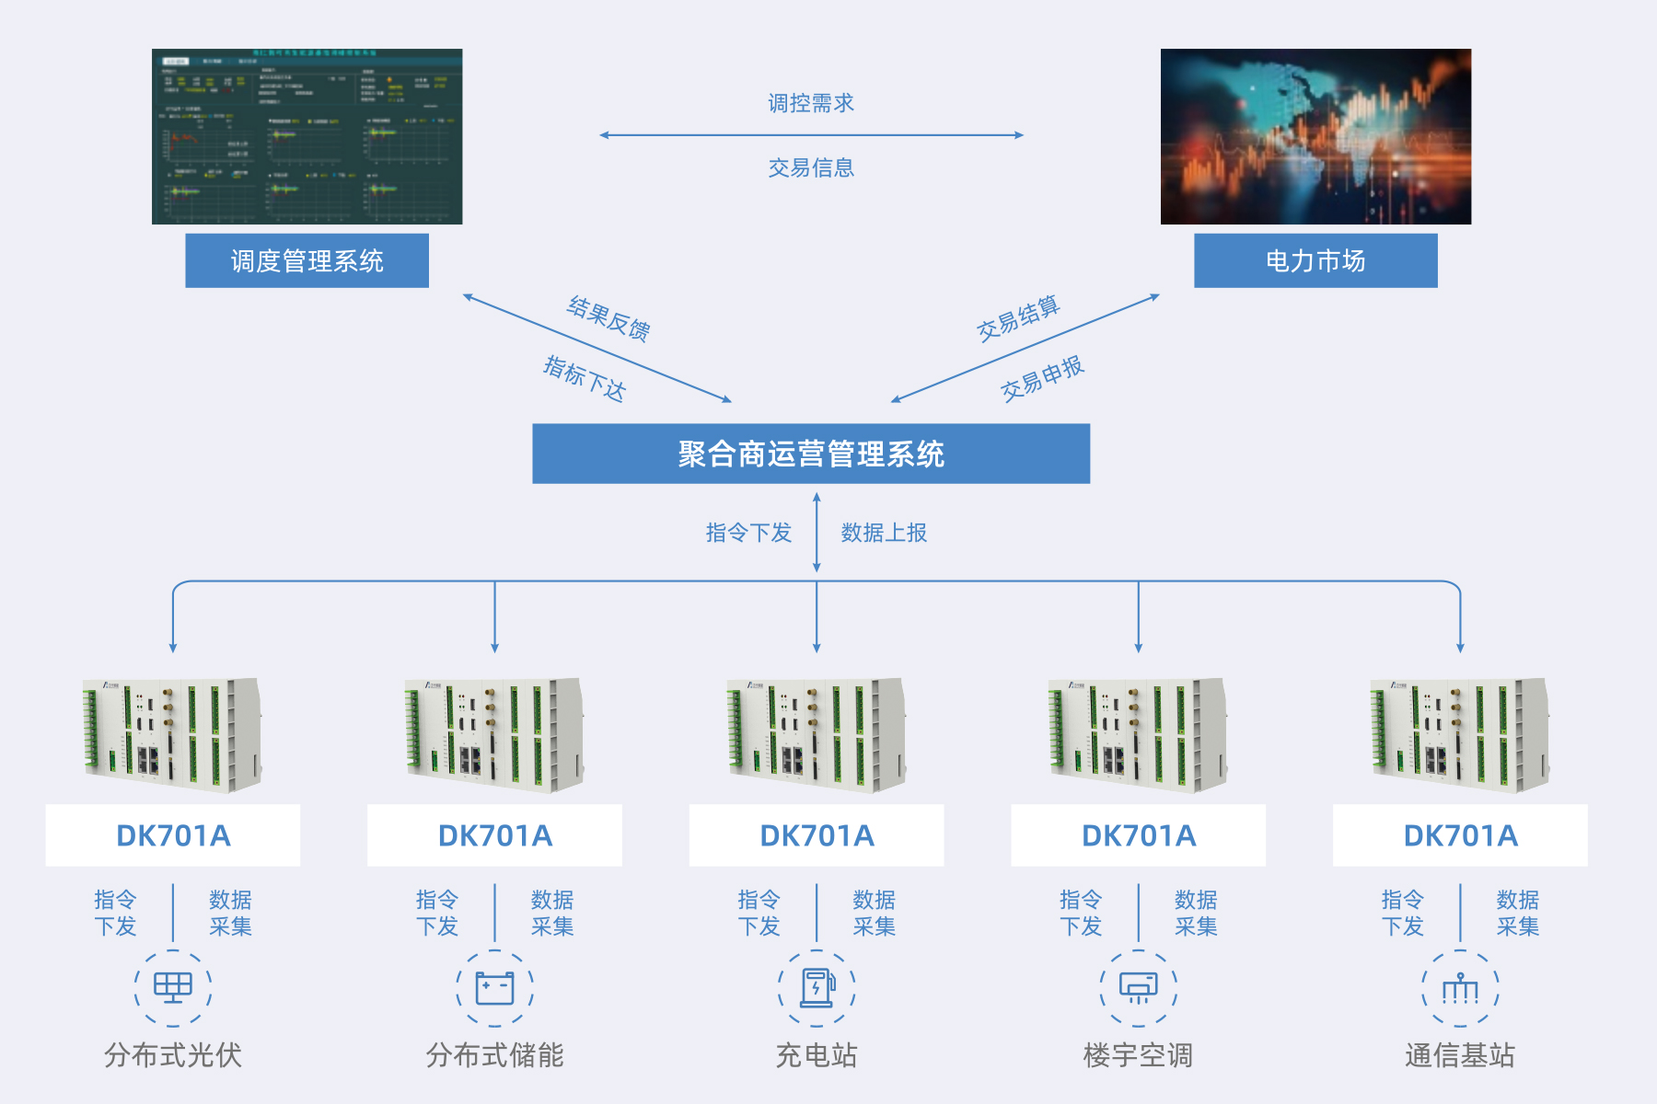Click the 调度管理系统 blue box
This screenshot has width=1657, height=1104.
pos(307,260)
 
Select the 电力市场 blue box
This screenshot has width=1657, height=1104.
pos(1315,260)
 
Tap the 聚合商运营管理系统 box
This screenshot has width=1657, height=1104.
pos(811,454)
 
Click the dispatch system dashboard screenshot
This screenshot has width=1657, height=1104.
pos(307,136)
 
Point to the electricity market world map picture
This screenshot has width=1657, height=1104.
pos(1315,136)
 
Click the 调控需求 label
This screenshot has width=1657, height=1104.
pos(811,103)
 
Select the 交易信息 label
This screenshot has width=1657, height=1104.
pos(811,167)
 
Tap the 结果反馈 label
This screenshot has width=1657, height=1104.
pos(609,318)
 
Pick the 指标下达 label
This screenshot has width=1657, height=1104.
pos(585,378)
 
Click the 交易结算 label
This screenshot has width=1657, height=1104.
pos(1018,318)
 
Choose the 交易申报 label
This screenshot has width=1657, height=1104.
pos(1042,378)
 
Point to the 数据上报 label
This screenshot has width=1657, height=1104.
pos(884,533)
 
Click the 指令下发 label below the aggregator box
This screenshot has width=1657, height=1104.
pos(748,533)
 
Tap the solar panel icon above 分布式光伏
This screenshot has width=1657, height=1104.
pos(173,988)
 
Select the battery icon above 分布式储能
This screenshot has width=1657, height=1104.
pos(494,988)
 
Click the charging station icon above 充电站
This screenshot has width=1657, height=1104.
pos(817,988)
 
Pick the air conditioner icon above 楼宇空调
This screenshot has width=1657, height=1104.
pos(1139,988)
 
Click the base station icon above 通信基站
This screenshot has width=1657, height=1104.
pos(1460,988)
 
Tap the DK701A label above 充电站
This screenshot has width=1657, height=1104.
pos(817,835)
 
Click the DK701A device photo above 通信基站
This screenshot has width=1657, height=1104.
pos(1460,735)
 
